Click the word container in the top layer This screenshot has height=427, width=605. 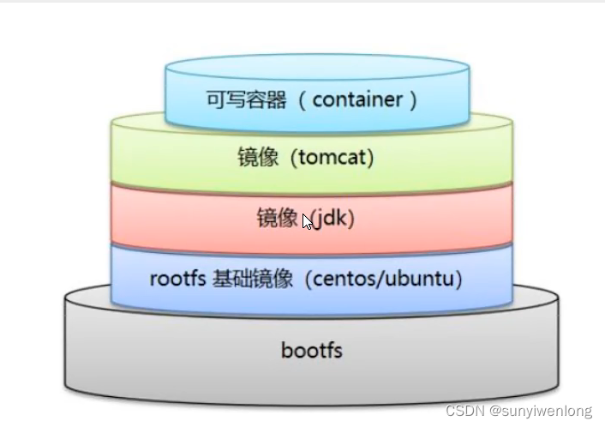[357, 99]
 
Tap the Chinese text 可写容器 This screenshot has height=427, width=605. [248, 99]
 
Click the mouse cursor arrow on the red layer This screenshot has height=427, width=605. [308, 221]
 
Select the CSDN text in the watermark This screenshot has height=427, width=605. [464, 412]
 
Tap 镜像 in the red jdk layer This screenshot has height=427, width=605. [277, 219]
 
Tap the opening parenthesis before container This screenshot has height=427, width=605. [302, 99]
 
